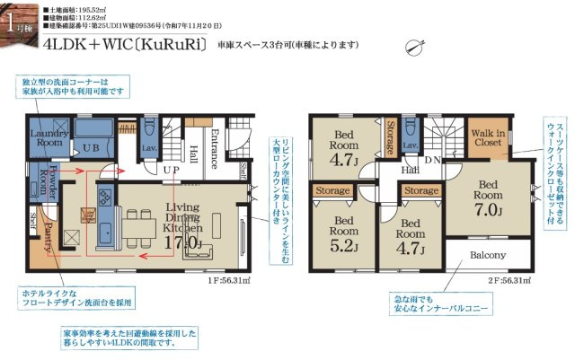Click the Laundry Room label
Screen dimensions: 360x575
[48, 137]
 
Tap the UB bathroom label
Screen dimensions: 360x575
[91, 147]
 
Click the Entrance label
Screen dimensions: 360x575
[214, 149]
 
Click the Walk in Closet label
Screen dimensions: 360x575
[488, 137]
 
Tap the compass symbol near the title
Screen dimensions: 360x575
[414, 46]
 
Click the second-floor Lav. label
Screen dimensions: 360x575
[410, 145]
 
